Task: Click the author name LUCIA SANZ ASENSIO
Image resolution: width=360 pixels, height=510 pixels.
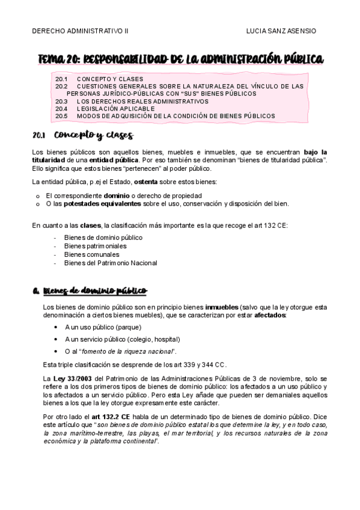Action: (281, 31)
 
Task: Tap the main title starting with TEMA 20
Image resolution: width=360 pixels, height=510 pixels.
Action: (180, 59)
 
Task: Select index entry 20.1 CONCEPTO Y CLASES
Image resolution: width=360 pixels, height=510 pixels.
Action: (99, 79)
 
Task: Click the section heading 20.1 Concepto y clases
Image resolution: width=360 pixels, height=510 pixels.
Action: (83, 136)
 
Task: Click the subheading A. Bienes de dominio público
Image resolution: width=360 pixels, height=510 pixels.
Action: (90, 292)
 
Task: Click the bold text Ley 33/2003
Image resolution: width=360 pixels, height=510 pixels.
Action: (63, 377)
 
